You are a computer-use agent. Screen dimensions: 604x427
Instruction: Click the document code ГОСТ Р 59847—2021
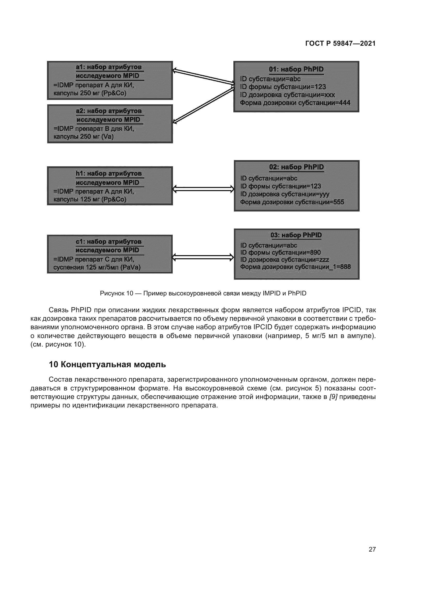point(340,43)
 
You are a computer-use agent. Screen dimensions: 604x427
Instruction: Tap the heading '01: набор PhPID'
point(296,69)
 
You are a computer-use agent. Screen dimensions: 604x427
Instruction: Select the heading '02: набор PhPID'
point(296,167)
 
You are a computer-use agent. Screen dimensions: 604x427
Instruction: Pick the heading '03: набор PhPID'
point(296,235)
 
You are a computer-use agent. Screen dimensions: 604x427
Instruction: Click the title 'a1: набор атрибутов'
point(109,67)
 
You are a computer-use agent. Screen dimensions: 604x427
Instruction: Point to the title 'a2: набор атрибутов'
point(109,111)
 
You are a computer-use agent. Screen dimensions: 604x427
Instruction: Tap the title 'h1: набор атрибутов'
point(109,174)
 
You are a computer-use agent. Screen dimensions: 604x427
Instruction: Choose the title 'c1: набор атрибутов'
point(109,242)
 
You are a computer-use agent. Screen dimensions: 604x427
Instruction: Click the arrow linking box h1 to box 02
point(203,189)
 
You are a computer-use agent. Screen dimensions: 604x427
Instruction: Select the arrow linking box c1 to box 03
point(203,257)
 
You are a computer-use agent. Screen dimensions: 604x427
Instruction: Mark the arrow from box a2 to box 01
point(203,105)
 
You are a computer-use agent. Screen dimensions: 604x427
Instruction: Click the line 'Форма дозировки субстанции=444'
point(295,103)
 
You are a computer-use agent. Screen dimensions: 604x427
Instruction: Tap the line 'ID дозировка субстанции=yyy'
point(284,194)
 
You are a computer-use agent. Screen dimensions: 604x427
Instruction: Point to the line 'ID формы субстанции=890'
point(280,253)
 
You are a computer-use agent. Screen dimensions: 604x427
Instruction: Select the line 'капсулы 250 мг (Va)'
point(83,137)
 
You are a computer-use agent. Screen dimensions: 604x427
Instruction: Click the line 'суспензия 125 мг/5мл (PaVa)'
point(97,268)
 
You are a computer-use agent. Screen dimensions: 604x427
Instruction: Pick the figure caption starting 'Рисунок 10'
point(203,293)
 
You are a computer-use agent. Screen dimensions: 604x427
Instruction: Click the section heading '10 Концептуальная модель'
point(107,365)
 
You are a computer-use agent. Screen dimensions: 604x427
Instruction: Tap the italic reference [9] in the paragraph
point(333,397)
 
